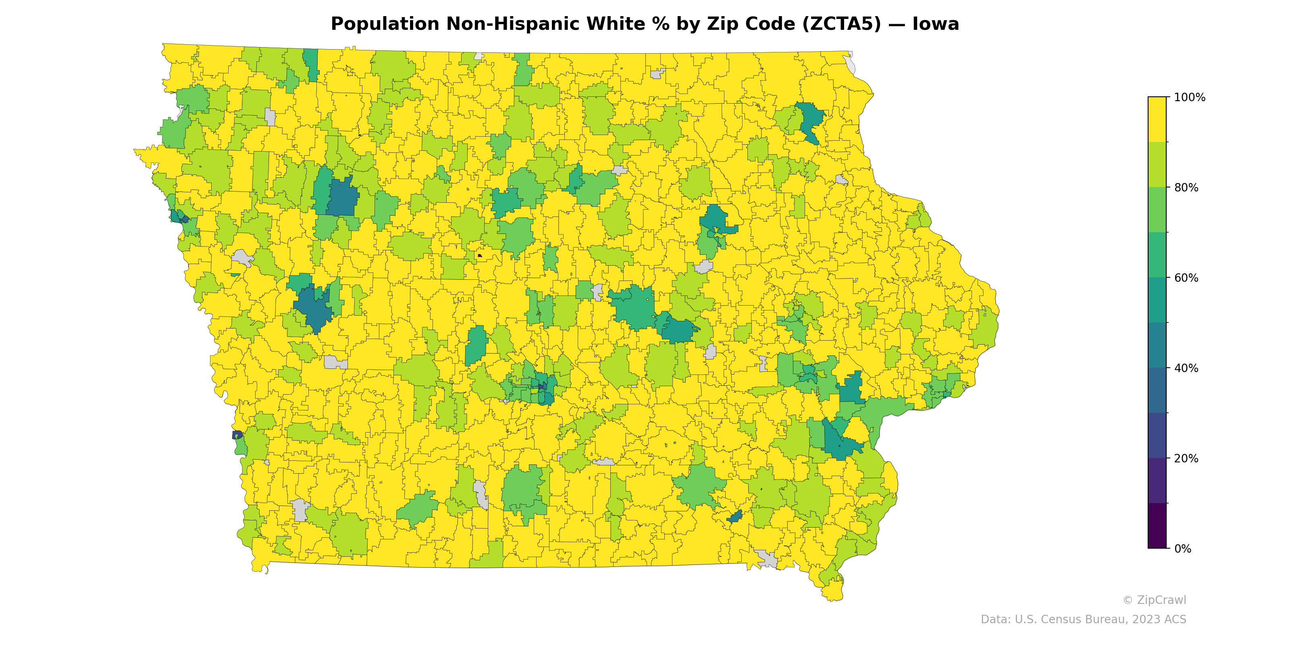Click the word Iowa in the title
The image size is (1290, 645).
pyautogui.click(x=935, y=24)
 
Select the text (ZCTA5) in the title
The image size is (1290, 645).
pyautogui.click(x=842, y=24)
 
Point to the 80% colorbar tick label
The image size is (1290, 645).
pyautogui.click(x=1186, y=188)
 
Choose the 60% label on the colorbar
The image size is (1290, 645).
pyautogui.click(x=1186, y=278)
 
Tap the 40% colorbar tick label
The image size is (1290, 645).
pyautogui.click(x=1186, y=368)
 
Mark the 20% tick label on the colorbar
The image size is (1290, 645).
pyautogui.click(x=1186, y=458)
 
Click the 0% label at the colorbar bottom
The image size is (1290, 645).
pyautogui.click(x=1183, y=549)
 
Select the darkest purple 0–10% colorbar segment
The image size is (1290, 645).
pyautogui.click(x=1157, y=526)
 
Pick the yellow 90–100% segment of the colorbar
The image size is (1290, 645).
pyautogui.click(x=1157, y=119)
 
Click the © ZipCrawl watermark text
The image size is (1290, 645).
pyautogui.click(x=1154, y=600)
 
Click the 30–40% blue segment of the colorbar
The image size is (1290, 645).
pyautogui.click(x=1157, y=390)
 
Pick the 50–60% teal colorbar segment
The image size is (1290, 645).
pyautogui.click(x=1157, y=300)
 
